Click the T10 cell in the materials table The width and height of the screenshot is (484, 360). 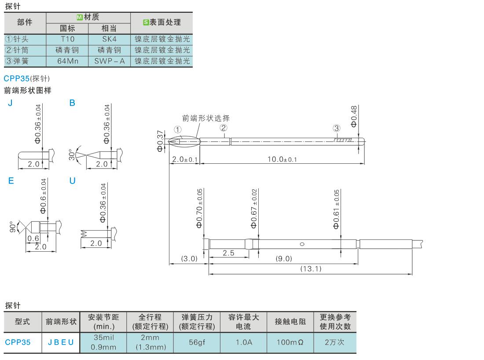(68, 39)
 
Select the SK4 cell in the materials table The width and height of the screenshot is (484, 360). (110, 39)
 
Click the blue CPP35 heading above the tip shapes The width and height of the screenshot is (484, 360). (16, 79)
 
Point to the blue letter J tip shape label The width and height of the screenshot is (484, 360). (10, 103)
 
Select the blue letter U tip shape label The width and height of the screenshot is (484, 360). (73, 181)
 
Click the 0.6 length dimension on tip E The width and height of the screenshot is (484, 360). (33, 238)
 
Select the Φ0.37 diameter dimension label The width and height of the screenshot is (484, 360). (160, 141)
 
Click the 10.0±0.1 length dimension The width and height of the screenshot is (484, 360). (282, 159)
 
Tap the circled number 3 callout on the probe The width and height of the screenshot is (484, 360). (337, 129)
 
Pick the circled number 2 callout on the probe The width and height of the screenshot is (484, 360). (224, 128)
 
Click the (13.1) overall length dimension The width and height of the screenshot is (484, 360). (311, 268)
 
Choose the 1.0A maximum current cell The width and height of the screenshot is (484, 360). (243, 342)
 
